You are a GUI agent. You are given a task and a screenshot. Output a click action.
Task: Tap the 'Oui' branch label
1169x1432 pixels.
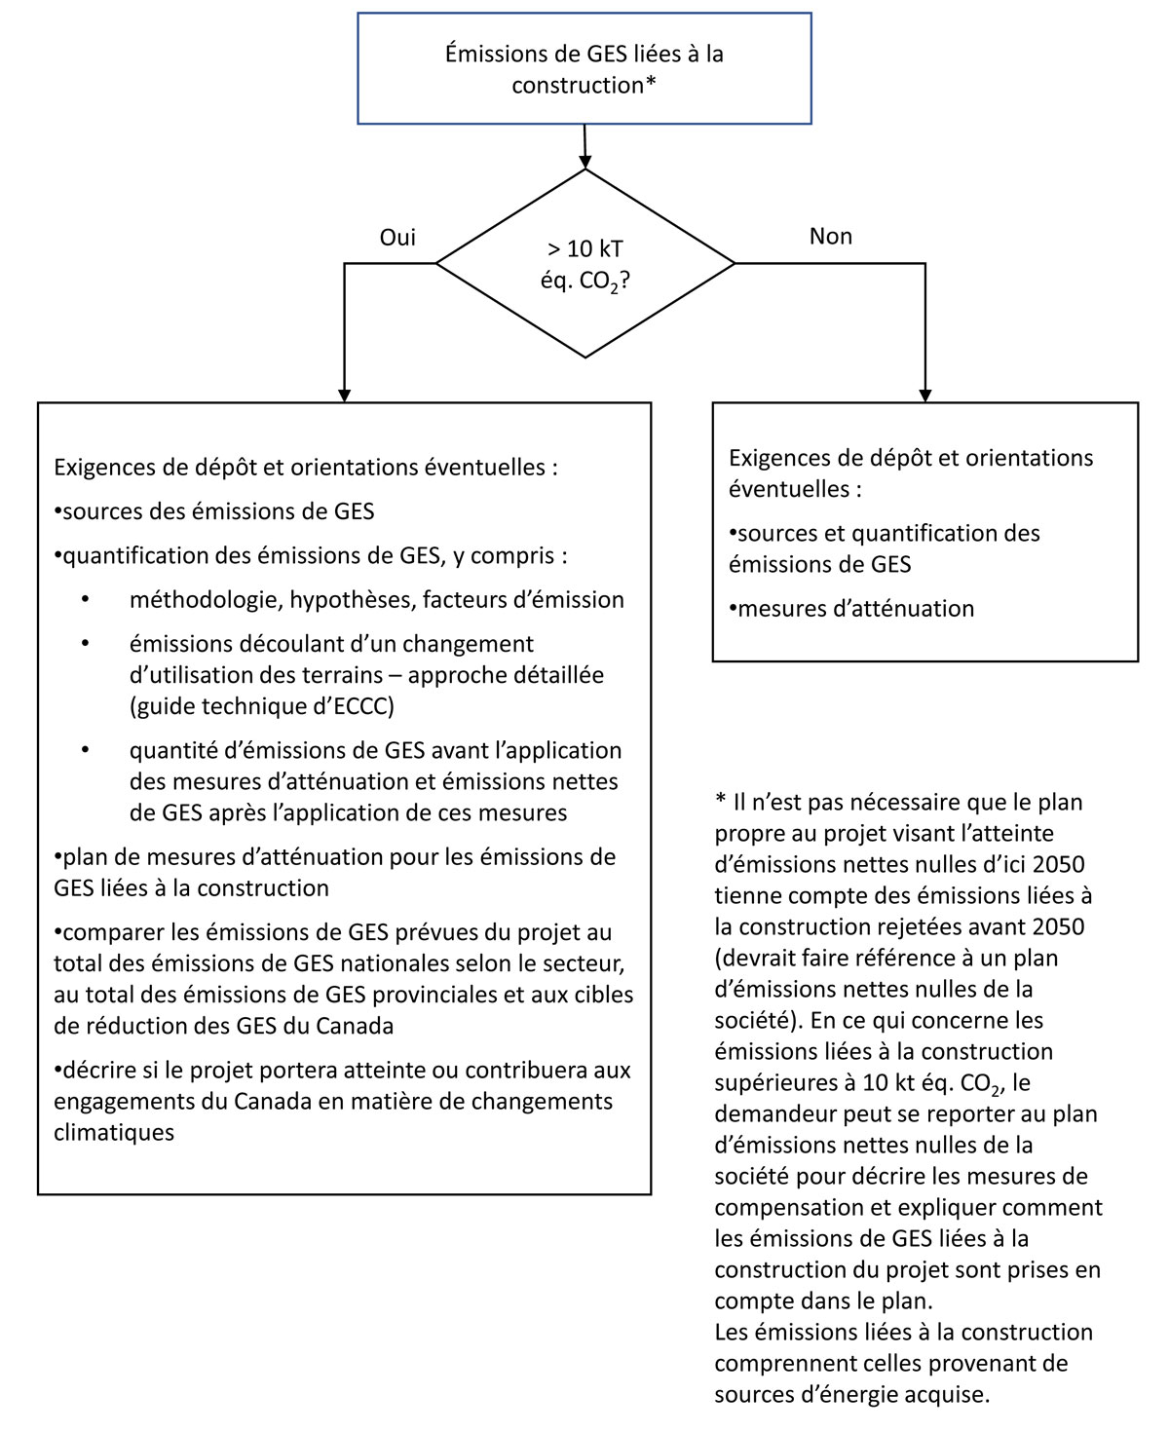(x=396, y=238)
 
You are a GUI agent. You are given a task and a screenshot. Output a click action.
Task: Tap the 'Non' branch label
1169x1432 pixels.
(x=830, y=237)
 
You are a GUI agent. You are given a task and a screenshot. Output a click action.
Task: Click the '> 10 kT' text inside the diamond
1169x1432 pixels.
(x=584, y=250)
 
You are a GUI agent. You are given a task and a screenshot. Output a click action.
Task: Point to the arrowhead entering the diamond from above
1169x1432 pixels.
(x=584, y=162)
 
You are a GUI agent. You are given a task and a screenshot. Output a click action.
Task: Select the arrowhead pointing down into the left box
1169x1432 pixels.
(x=344, y=395)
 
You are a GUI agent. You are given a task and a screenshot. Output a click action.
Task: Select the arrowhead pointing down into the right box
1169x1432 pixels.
(x=924, y=395)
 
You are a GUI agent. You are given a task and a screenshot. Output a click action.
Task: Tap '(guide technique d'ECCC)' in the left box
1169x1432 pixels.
(x=261, y=706)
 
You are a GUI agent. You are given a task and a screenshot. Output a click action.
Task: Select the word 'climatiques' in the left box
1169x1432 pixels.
(x=114, y=1132)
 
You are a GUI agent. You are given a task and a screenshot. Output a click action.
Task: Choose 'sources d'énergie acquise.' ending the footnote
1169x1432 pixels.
(x=851, y=1394)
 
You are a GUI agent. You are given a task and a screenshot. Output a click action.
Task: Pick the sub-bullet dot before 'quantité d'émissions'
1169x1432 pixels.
(x=86, y=751)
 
